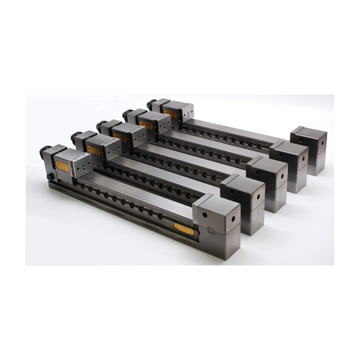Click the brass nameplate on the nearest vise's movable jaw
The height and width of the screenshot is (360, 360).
click(62, 166)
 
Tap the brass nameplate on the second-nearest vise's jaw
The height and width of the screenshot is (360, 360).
click(94, 150)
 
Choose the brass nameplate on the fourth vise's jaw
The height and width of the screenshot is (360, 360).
click(146, 125)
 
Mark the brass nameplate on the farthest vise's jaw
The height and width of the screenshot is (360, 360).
click(170, 114)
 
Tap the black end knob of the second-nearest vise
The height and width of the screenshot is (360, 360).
click(76, 136)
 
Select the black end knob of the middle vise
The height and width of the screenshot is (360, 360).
click(101, 124)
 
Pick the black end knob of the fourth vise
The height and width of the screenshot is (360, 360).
click(127, 113)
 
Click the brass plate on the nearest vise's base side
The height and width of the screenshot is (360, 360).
click(183, 229)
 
